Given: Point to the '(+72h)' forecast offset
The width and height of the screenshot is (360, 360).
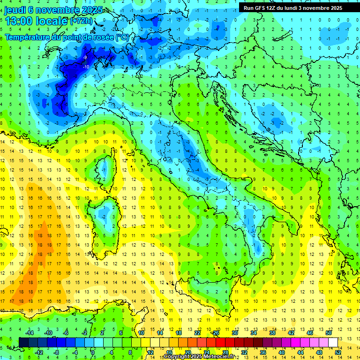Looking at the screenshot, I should click(82, 21).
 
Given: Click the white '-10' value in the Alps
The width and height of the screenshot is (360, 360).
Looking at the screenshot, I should click(86, 67).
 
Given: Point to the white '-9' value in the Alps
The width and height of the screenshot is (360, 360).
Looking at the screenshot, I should click(85, 57).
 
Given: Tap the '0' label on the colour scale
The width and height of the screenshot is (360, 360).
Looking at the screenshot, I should click(92, 352).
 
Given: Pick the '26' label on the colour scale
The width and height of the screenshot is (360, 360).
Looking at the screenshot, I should click(215, 333).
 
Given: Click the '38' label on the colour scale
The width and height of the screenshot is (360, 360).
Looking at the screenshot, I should click(272, 333).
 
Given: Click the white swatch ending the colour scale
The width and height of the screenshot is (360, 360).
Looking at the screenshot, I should click(333, 343).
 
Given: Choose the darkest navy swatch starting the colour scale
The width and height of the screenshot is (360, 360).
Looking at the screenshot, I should click(23, 343).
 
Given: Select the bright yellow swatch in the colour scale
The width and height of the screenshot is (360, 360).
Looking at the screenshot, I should click(145, 343).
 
